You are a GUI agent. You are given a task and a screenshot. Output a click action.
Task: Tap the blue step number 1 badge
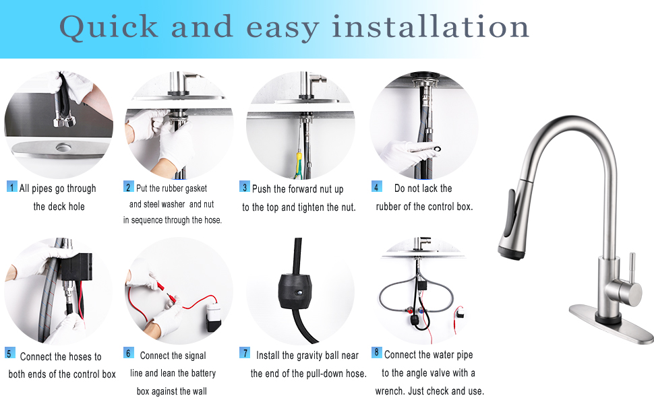(x=11, y=187)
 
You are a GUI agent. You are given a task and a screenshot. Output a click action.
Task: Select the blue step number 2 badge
(x=128, y=187)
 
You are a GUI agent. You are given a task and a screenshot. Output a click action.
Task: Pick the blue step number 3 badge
(x=245, y=187)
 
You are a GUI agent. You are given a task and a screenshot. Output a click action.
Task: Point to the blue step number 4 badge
(x=377, y=187)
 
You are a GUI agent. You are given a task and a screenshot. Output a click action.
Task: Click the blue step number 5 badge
(x=10, y=353)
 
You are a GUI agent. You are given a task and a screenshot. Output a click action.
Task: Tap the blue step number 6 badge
(x=129, y=353)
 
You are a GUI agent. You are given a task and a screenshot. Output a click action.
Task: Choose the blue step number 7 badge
(x=245, y=353)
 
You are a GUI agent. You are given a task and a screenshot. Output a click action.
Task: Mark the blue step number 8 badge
(x=377, y=352)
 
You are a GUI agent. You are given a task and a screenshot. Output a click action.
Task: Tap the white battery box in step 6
(x=213, y=314)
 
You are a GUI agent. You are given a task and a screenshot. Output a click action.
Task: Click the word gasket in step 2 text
(x=193, y=189)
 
